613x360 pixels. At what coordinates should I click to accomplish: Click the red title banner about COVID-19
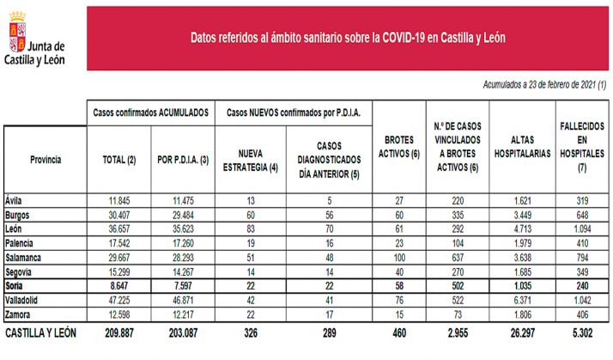coord(348,39)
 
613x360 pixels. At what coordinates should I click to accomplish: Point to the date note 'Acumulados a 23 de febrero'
coord(531,85)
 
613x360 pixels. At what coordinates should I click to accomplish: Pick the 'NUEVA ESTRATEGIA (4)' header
coord(249,160)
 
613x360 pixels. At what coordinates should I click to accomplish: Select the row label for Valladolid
coord(26,300)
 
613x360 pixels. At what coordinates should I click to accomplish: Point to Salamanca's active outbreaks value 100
coord(396,256)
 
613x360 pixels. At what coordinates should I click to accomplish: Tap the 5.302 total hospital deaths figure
coord(579,332)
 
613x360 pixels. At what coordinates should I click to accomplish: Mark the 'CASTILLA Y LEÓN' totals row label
coord(41,332)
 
